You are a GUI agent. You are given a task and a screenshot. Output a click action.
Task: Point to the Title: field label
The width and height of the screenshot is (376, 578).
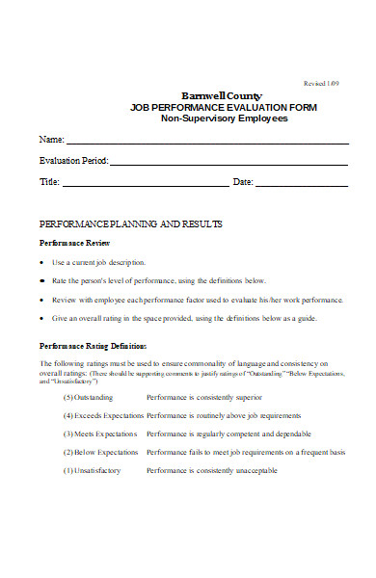point(49,182)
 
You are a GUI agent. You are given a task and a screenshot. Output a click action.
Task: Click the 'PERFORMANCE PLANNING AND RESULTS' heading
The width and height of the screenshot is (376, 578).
point(130,223)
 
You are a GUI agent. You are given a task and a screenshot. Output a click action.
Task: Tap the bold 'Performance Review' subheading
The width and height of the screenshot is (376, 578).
point(75,243)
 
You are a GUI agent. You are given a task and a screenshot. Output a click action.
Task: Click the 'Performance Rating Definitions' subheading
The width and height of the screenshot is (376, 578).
point(93,345)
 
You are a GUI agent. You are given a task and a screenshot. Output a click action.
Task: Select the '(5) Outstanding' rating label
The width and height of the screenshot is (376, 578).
point(88,397)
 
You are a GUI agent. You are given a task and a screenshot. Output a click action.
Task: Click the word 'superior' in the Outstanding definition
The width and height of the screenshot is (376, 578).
point(245,397)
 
